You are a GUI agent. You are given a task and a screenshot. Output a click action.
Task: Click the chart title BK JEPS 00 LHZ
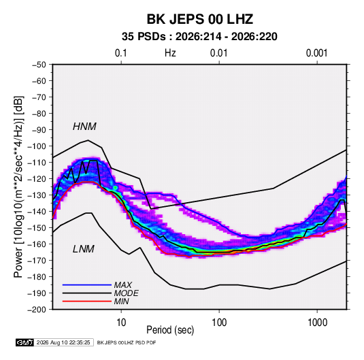[199, 19]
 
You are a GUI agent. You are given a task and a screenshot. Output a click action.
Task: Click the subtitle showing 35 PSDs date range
[199, 37]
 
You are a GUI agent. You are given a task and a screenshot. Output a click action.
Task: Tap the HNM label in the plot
[84, 127]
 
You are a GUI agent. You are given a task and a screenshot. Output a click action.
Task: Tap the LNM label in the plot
[84, 249]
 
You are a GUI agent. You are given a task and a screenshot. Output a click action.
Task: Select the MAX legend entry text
[122, 284]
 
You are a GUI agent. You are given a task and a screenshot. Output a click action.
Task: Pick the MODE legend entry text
[126, 293]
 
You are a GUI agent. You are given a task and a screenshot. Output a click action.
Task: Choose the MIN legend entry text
[121, 301]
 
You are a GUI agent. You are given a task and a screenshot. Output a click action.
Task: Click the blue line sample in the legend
[87, 284]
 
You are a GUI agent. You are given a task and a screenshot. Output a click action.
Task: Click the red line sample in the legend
[87, 301]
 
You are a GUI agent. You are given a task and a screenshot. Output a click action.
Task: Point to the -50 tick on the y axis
[39, 65]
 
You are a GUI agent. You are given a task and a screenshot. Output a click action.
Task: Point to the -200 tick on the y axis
[37, 310]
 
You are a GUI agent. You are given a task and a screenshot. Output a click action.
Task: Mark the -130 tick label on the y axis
[37, 195]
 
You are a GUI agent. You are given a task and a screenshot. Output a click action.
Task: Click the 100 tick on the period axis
[219, 323]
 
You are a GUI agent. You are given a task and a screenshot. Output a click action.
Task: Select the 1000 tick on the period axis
[317, 323]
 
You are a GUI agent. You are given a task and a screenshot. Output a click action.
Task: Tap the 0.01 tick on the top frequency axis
[219, 53]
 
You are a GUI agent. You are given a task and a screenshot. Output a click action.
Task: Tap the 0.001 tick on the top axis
[317, 53]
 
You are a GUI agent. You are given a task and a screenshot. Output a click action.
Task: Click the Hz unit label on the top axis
[170, 53]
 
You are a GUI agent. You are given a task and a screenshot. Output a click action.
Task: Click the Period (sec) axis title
[170, 330]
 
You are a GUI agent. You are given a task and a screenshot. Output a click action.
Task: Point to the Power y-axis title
[18, 187]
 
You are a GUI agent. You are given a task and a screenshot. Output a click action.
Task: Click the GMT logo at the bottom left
[24, 342]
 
